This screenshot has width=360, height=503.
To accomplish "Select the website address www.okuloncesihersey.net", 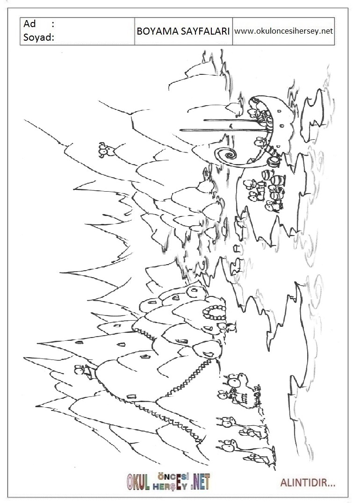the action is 284,31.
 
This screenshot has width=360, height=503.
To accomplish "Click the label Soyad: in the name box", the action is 39,37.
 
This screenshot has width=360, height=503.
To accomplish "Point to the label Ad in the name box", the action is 29,24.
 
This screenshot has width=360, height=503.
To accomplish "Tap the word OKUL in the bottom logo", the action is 138,482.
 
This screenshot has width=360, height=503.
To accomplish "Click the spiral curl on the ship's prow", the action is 229,156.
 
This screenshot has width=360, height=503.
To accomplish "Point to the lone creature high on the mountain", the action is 106,150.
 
